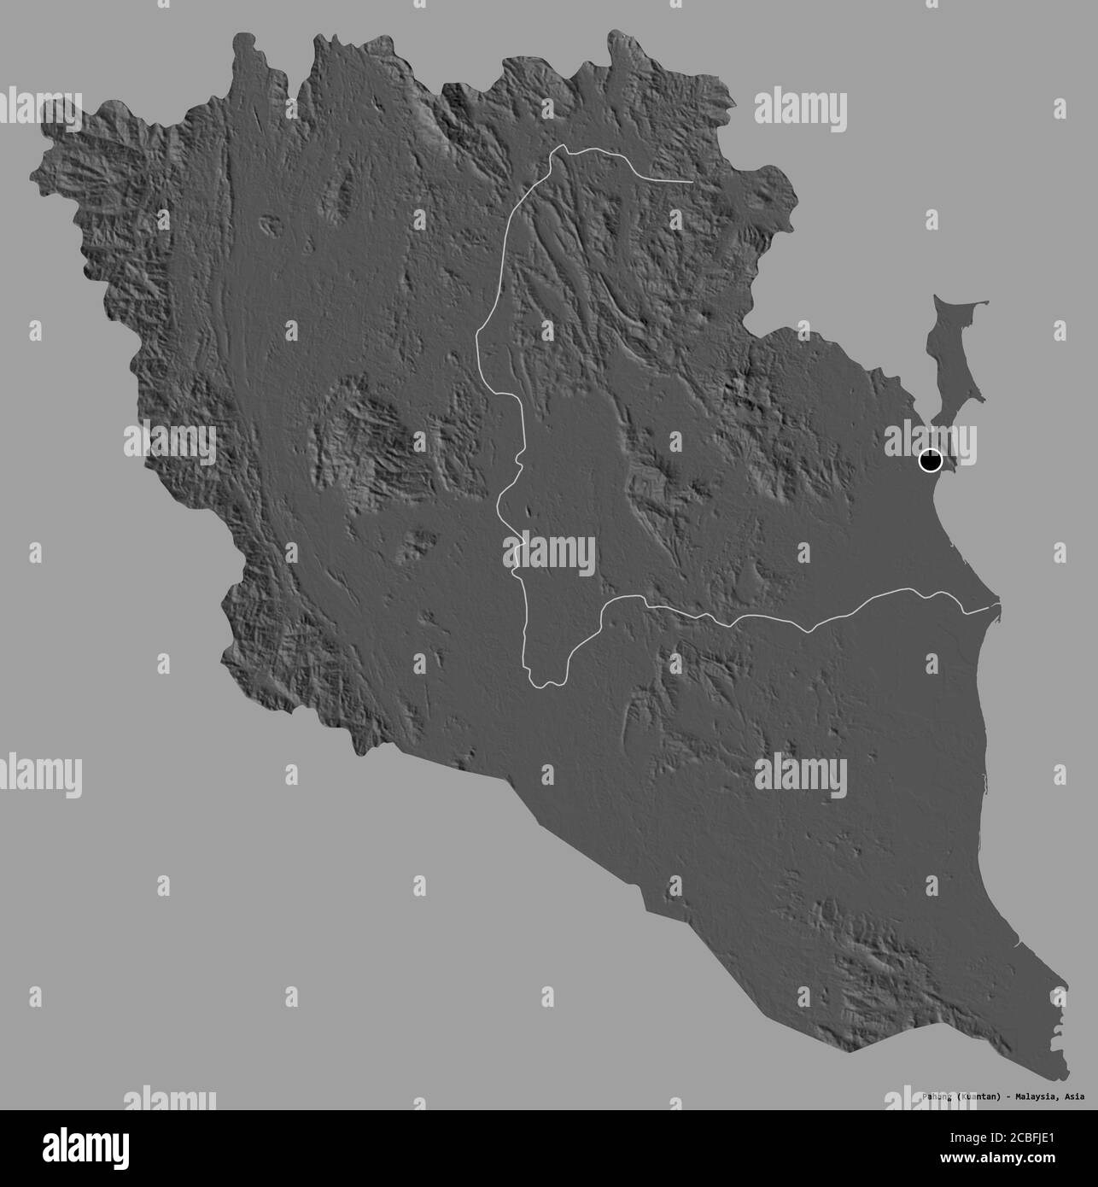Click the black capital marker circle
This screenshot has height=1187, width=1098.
pyautogui.click(x=930, y=461)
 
